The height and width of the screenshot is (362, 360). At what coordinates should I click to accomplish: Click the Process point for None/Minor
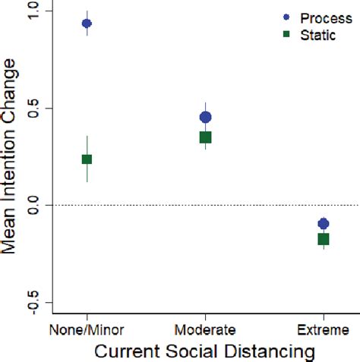(x=87, y=24)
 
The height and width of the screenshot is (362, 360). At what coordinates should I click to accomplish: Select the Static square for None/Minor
(x=87, y=159)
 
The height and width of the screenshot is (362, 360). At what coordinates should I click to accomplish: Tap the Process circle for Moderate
(x=205, y=117)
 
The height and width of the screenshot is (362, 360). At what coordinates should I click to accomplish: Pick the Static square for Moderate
(x=205, y=137)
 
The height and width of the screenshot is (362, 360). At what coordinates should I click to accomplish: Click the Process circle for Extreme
(x=324, y=224)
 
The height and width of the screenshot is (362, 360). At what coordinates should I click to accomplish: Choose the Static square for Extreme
(x=324, y=239)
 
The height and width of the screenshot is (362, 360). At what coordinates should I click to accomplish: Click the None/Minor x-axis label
(x=87, y=330)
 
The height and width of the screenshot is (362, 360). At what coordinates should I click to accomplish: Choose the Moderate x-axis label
(x=205, y=330)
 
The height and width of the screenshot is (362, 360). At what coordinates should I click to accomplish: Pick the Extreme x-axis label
(x=324, y=330)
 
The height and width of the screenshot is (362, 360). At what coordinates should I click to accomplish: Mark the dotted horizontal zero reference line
(x=251, y=206)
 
